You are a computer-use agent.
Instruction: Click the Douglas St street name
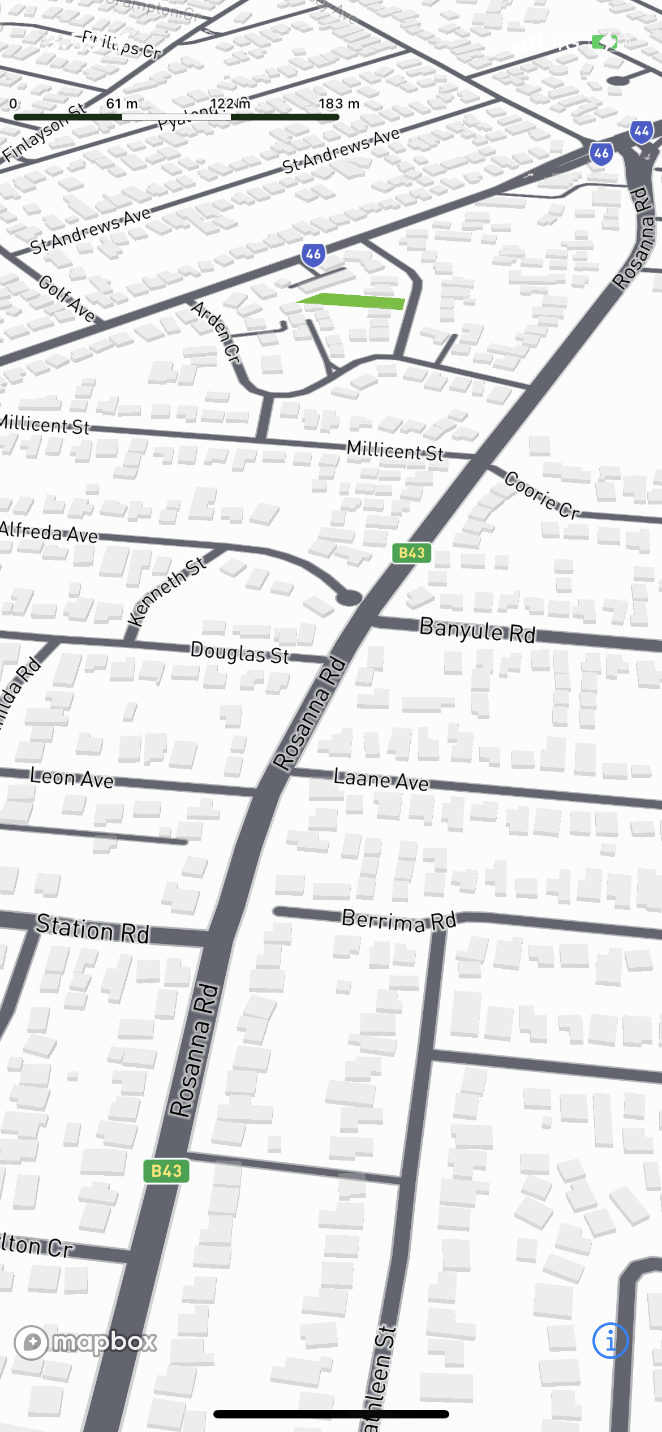click(239, 653)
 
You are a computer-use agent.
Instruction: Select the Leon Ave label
click(72, 778)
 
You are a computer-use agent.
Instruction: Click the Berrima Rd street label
click(399, 920)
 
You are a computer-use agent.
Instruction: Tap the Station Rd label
click(93, 928)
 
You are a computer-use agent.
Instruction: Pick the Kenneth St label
click(166, 591)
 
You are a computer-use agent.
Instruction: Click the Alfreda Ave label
click(49, 532)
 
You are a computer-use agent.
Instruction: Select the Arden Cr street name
click(216, 331)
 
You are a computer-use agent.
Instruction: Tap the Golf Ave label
click(67, 299)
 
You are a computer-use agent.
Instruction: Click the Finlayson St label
click(43, 133)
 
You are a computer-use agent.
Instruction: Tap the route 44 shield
click(642, 132)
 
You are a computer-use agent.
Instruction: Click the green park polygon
click(356, 300)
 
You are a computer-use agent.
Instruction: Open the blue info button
click(610, 1340)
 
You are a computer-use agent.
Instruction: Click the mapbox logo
click(85, 1342)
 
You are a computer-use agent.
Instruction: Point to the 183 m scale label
click(339, 103)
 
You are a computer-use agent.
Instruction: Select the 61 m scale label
click(122, 103)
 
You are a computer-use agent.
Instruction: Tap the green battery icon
click(604, 42)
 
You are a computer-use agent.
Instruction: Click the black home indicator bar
click(331, 1414)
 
